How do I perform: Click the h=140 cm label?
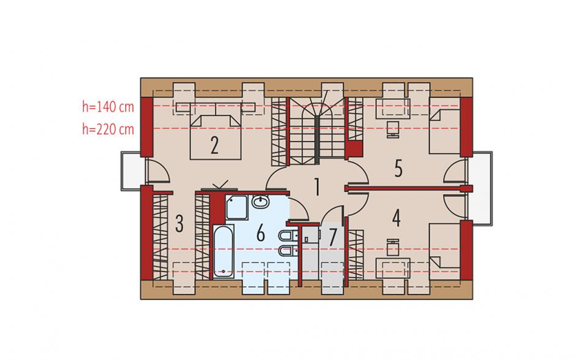108,107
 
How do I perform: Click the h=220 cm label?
108,129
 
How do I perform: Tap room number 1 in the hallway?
317,186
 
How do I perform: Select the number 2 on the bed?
214,145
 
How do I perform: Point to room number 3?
180,224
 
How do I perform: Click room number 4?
396,218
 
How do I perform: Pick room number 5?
398,169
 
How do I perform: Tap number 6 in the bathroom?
260,233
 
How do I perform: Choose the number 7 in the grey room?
333,237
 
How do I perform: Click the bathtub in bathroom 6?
223,251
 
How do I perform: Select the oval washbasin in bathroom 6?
260,201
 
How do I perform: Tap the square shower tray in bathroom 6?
237,208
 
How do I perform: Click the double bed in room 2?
215,137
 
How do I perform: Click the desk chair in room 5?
393,129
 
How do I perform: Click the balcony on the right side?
482,188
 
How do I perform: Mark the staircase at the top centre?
317,131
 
